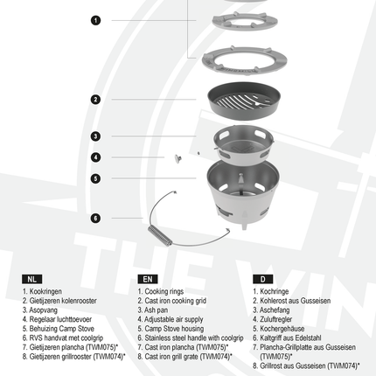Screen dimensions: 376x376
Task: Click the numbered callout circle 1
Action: point(95,20)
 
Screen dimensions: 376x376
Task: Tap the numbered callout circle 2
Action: point(95,100)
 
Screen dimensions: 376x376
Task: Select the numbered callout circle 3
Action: point(95,136)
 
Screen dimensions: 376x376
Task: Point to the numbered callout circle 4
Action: point(95,157)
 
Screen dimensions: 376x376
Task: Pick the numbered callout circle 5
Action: point(95,178)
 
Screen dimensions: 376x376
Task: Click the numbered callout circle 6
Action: point(95,218)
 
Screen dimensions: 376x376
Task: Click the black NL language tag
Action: point(32,279)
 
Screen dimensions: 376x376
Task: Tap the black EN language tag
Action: point(148,279)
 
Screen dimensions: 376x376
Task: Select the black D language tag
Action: point(263,279)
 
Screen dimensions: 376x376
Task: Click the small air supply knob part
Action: point(178,158)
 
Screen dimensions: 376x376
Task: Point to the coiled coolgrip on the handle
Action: point(160,235)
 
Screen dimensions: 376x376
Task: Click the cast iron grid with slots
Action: point(244,100)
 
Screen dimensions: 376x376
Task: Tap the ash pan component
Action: point(243,145)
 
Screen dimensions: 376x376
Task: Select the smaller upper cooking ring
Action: point(245,21)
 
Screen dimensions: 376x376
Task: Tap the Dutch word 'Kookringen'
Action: point(45,291)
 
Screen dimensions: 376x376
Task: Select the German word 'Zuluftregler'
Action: point(275,319)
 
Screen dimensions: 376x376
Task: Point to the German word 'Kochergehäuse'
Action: point(282,329)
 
